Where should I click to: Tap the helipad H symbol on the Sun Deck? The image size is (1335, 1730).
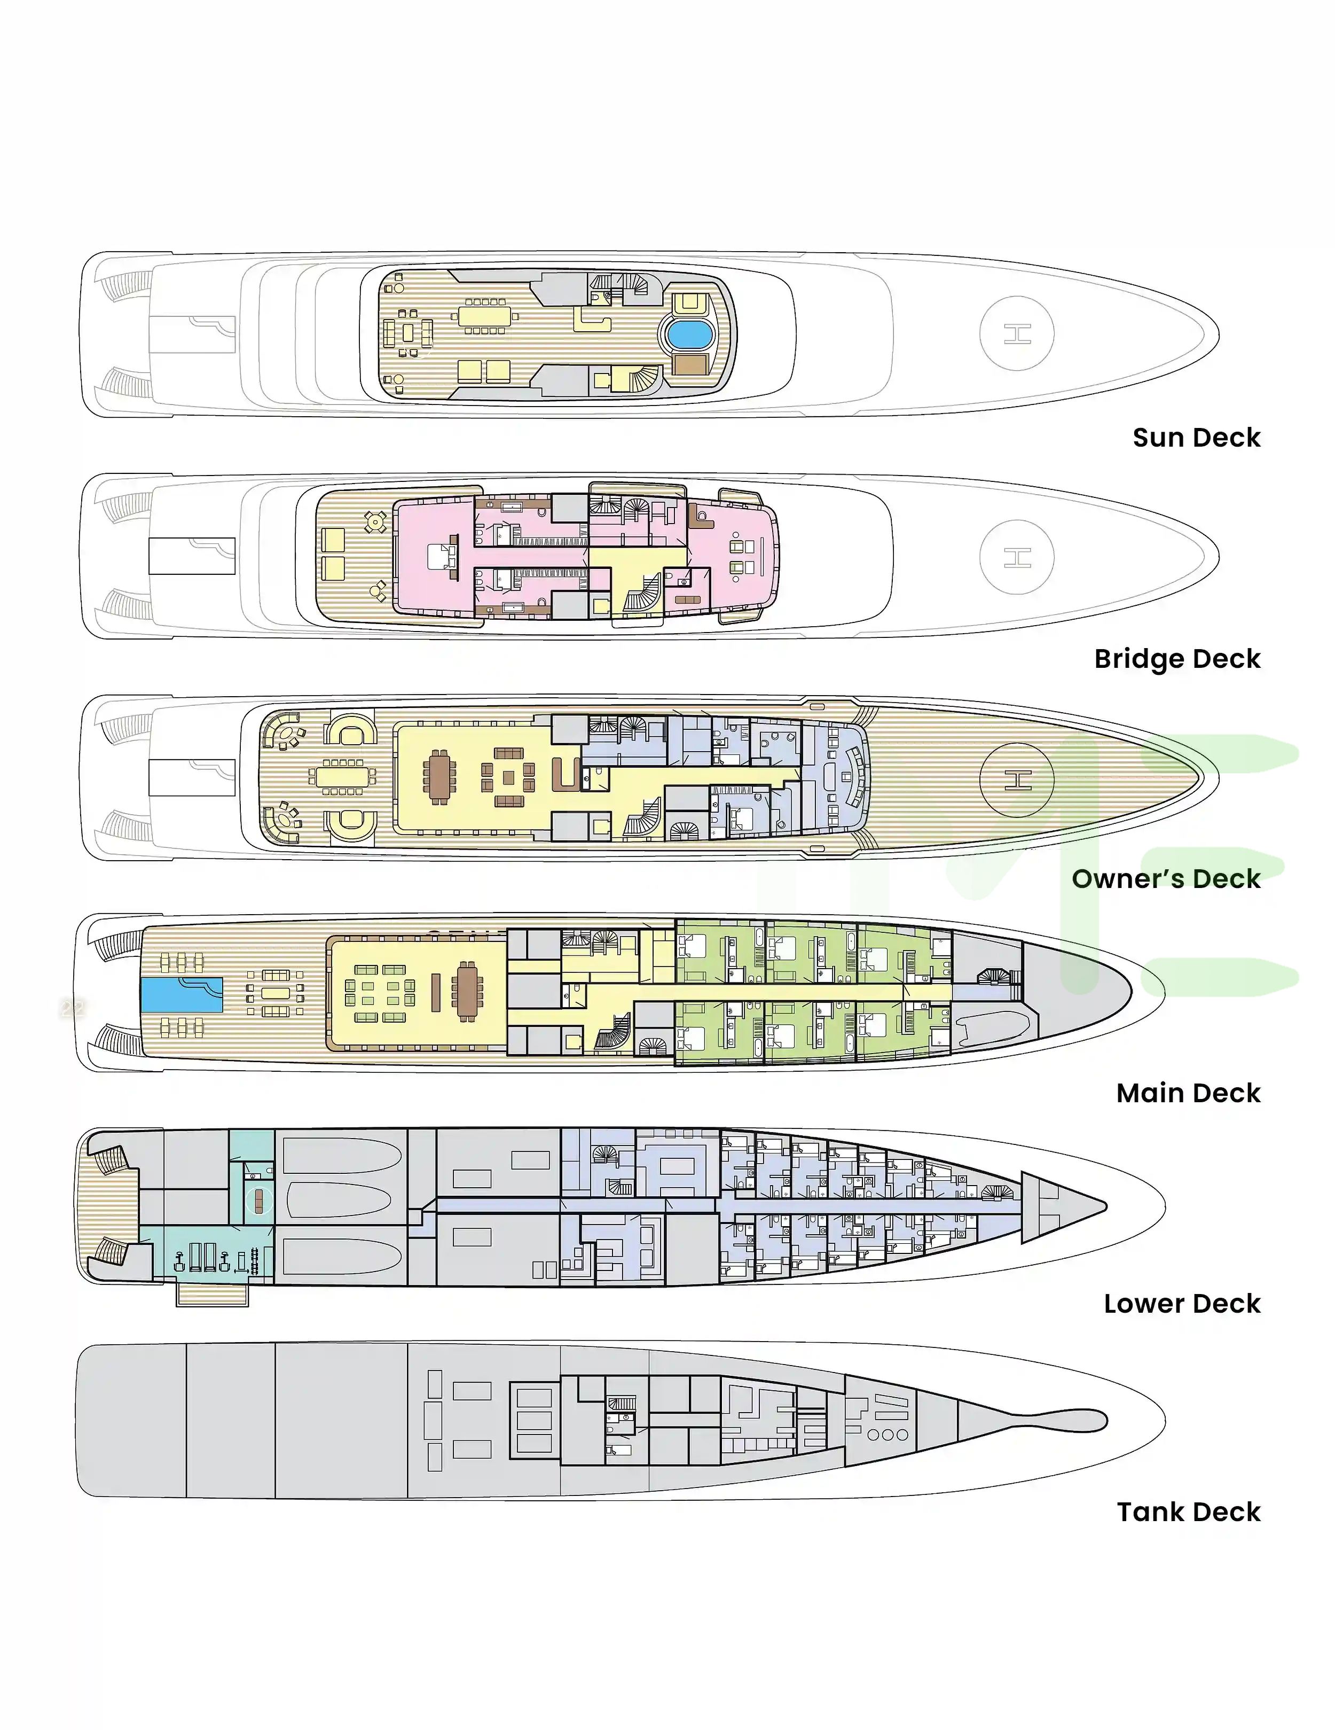click(x=1017, y=333)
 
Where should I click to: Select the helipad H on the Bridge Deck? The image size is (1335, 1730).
click(x=1017, y=557)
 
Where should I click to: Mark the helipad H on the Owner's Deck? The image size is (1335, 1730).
click(x=1017, y=780)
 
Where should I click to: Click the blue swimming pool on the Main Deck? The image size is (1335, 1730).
click(x=182, y=994)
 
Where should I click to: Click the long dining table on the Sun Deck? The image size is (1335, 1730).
click(x=484, y=317)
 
